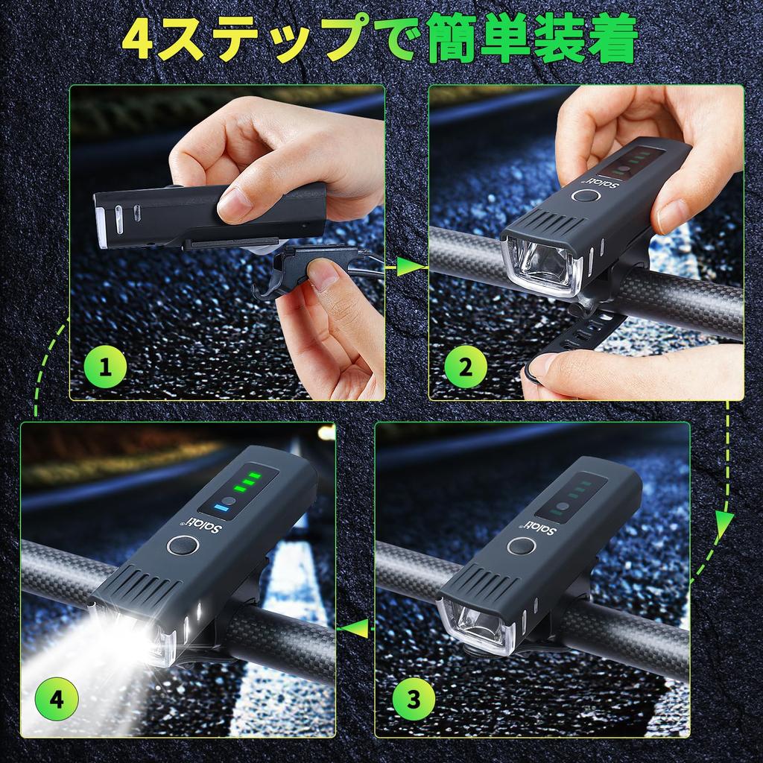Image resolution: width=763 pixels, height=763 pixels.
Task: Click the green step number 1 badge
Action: coord(106,367)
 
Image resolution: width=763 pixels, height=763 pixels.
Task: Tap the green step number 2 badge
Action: coord(465,367)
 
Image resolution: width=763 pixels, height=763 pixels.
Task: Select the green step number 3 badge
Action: coord(413,700)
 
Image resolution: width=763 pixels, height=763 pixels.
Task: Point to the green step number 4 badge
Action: coord(57,700)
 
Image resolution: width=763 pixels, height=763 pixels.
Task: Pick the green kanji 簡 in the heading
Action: coord(452,39)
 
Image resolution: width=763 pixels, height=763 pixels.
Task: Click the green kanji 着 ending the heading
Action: coord(610,39)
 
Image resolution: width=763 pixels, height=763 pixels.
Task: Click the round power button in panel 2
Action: coord(584,196)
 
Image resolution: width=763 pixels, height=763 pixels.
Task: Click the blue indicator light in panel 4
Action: coord(221,508)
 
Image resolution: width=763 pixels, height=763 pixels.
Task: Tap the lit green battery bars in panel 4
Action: coord(250,481)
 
